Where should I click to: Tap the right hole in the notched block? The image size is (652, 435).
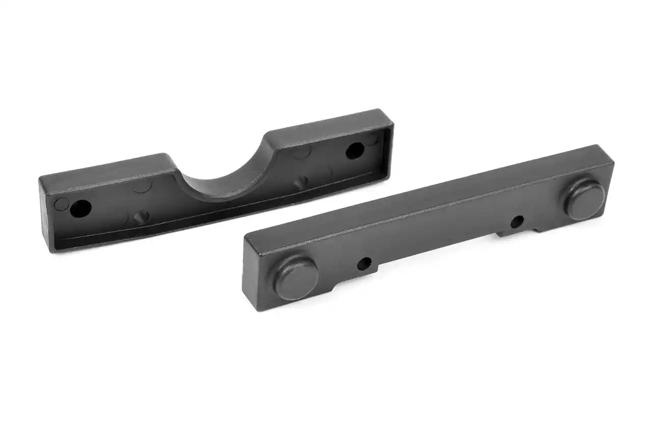click(x=355, y=150)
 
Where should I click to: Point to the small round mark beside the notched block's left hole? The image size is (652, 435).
click(x=62, y=204)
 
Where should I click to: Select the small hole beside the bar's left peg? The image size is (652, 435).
click(x=364, y=264)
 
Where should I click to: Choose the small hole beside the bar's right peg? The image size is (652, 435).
click(x=517, y=221)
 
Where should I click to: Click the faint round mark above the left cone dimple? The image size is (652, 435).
click(x=143, y=185)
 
